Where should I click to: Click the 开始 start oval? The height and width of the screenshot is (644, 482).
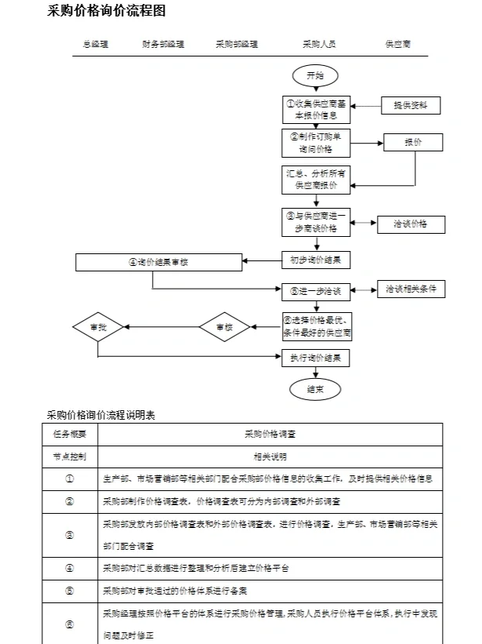tap(314, 75)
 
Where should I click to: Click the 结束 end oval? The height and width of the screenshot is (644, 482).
tap(315, 388)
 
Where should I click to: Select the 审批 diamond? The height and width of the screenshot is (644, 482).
tap(98, 326)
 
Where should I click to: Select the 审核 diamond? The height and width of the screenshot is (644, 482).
tap(224, 326)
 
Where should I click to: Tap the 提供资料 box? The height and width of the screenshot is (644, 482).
tap(411, 105)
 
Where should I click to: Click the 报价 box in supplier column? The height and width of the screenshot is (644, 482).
tap(412, 142)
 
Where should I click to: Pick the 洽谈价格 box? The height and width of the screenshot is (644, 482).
tap(411, 224)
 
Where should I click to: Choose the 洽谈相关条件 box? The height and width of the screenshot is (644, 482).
tap(411, 289)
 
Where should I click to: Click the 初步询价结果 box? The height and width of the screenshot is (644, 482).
tap(315, 259)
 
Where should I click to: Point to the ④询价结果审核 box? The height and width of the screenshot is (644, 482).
tap(159, 262)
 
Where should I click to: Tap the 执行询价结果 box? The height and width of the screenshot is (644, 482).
tap(315, 358)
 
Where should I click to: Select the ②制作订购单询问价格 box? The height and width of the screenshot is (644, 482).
tap(315, 141)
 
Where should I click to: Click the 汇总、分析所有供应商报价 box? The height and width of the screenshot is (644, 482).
tap(315, 180)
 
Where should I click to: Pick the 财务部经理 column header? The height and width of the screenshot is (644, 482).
tap(163, 44)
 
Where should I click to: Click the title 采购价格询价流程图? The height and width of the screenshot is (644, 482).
tap(107, 11)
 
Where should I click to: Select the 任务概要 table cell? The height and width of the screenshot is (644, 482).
tap(70, 433)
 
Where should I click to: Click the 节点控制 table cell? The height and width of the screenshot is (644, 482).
tap(70, 456)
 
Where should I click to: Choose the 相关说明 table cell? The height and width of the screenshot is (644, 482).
tap(270, 456)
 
